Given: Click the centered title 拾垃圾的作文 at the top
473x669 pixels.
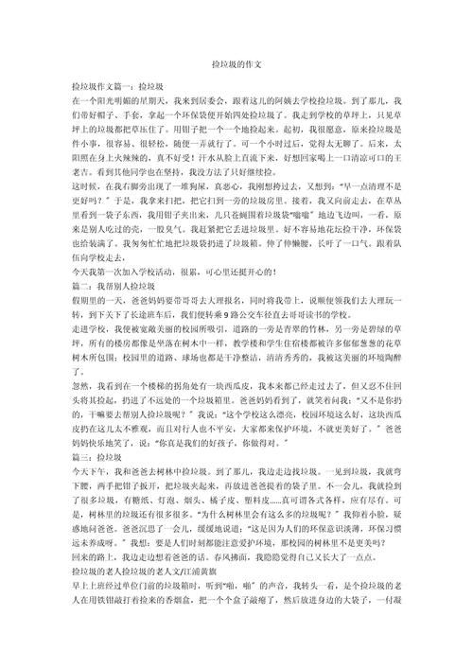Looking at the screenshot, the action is pos(236,62).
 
